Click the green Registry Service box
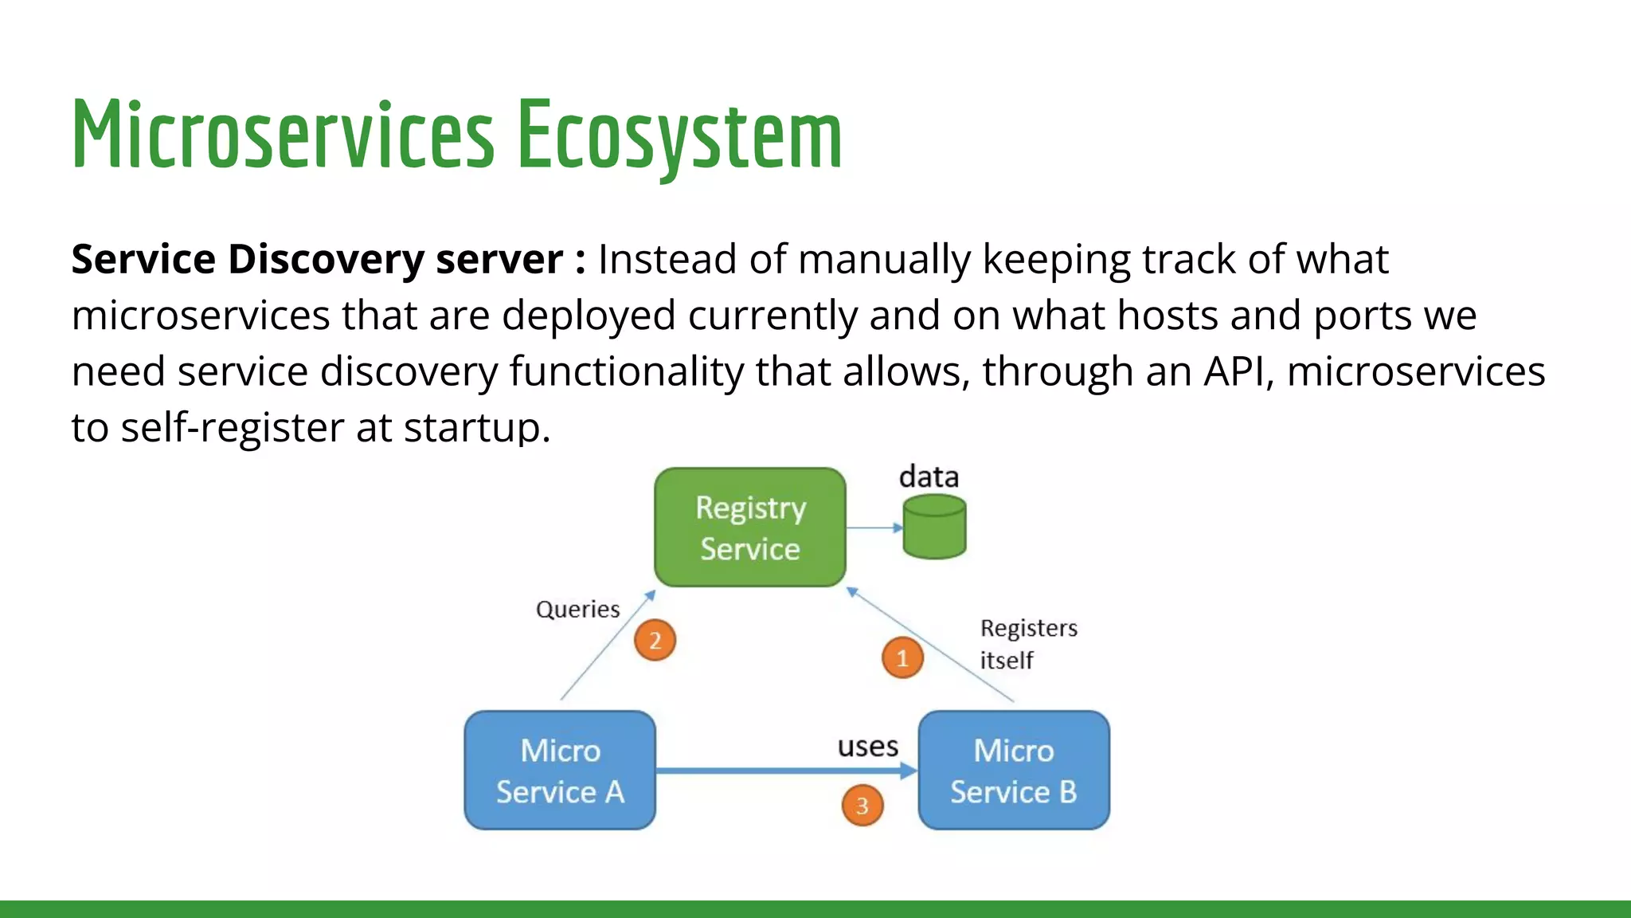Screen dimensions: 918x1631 coord(749,528)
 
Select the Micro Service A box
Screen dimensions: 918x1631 coord(560,771)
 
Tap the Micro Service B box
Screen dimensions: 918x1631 coord(1013,771)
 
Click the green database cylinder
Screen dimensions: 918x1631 coord(934,527)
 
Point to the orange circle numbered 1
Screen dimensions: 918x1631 coord(902,657)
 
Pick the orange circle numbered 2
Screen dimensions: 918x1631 coord(655,640)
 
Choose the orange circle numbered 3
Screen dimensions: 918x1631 coord(862,806)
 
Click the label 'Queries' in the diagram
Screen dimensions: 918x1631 coord(577,610)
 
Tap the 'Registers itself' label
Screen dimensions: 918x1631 coord(1027,644)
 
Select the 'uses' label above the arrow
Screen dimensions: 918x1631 coord(867,747)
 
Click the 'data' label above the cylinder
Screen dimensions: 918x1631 coord(929,477)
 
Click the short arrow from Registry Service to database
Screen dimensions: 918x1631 coord(874,528)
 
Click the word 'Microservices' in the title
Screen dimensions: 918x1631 coord(283,135)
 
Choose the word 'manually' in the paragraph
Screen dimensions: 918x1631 coord(884,260)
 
